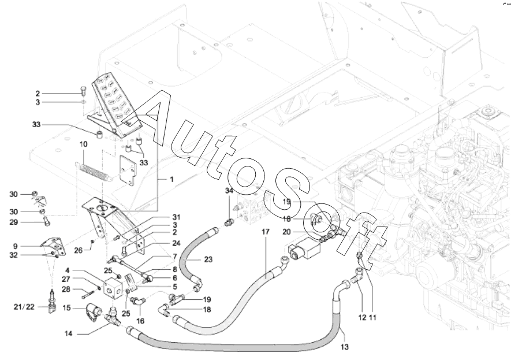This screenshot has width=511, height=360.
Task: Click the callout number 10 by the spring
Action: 83,144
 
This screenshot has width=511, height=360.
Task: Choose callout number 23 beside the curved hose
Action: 208,259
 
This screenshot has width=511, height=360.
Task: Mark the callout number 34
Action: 229,191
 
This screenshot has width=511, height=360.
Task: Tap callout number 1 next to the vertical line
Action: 171,180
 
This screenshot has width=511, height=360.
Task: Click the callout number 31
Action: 177,217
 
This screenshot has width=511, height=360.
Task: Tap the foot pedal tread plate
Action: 114,98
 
